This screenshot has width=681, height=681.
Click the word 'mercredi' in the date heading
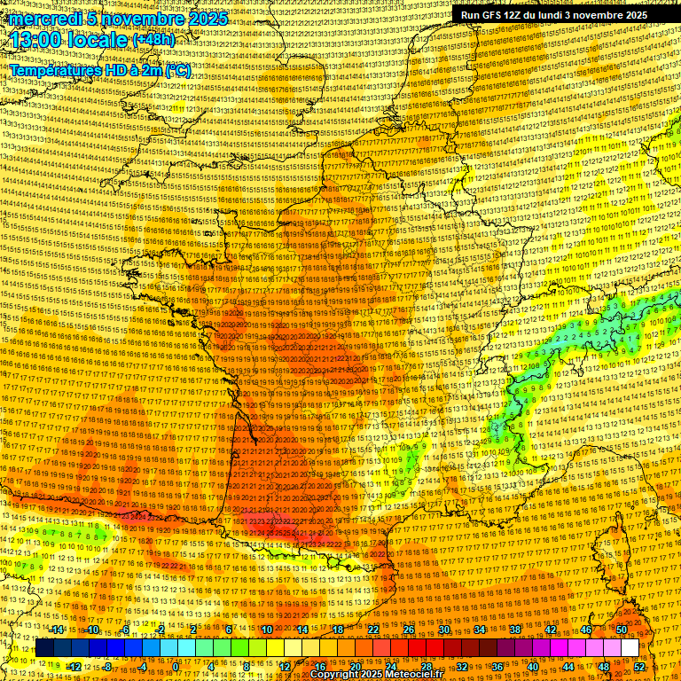42,19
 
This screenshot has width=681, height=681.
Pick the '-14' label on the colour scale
58,630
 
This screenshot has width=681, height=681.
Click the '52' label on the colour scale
639,666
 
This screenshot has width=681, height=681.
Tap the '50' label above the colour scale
622,630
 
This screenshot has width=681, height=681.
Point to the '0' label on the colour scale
176,666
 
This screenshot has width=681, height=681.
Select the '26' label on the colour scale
408,630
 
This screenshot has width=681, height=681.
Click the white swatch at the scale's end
630,647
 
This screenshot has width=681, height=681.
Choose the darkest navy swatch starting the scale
43,647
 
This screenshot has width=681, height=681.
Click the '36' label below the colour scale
497,666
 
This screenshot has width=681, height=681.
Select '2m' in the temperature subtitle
152,70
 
